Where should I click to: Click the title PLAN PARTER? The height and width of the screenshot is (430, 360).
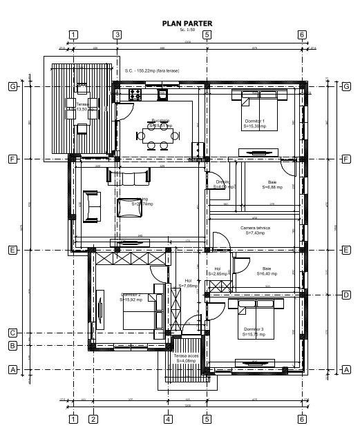(187, 23)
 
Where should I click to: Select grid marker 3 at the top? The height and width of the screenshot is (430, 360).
(117, 35)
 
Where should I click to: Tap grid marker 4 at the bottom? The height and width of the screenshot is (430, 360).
(168, 418)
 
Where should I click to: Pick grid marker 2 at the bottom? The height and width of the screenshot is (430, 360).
(93, 418)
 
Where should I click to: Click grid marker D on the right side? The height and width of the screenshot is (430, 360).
(346, 295)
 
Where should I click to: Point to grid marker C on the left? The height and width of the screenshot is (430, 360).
(12, 333)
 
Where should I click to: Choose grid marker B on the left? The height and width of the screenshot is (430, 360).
(12, 346)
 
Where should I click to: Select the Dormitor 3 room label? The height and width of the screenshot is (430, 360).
(252, 332)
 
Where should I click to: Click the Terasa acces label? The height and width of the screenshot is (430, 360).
(185, 358)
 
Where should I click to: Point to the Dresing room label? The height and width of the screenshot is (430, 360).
(222, 184)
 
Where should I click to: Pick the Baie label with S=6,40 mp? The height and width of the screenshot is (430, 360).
(267, 271)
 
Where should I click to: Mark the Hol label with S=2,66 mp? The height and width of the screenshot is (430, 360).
(218, 271)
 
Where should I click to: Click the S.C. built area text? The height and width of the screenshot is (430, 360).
(154, 70)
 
